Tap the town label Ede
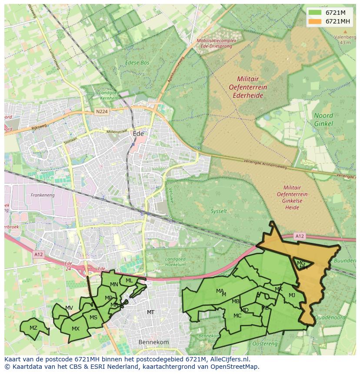point(138,134)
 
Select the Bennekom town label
point(153,342)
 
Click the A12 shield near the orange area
point(299,236)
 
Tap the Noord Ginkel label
point(323,119)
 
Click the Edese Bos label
point(137,63)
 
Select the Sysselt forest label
point(218,211)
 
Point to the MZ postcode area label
point(33,328)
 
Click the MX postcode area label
point(76,328)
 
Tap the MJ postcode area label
point(292,295)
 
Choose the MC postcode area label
point(237,316)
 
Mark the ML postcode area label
point(129,281)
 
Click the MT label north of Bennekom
point(150,312)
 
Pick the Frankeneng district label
point(42,195)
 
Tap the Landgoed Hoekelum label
point(175,262)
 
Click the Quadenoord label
point(329,317)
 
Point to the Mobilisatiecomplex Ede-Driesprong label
point(216,43)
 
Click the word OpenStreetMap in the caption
point(235,367)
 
